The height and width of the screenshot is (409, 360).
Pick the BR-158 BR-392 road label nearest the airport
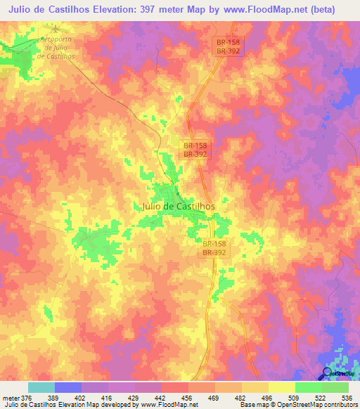[228, 47]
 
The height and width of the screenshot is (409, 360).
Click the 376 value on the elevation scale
[27, 397]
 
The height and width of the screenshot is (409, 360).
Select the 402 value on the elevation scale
[82, 397]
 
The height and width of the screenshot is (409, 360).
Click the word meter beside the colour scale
[11, 397]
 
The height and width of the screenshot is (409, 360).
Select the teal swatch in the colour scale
[41, 387]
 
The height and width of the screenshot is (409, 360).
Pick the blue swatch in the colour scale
[67, 387]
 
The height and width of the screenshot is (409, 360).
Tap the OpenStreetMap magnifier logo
[328, 372]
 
